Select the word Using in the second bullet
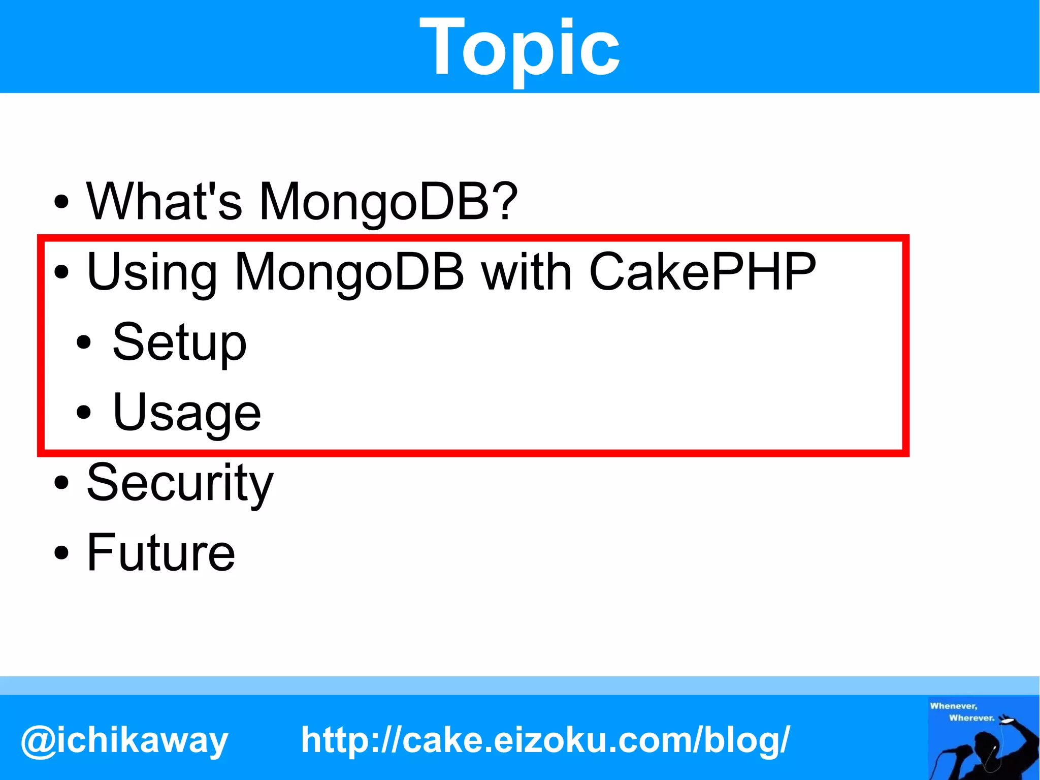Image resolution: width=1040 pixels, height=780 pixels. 152,272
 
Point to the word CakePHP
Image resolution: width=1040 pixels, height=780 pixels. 702,272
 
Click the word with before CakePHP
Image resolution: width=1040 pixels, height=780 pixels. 527,272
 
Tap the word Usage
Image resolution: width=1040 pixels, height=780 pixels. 186,412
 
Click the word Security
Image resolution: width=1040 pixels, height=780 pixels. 180,483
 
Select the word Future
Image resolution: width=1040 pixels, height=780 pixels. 161,552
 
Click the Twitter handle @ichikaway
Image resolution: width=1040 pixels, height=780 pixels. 124,740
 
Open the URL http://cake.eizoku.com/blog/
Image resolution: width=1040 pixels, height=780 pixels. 545,740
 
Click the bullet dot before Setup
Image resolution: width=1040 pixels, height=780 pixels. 84,342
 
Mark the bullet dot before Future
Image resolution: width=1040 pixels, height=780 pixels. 61,553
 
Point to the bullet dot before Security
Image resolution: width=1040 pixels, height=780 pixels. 61,483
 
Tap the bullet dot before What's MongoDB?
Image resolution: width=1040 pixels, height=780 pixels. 61,202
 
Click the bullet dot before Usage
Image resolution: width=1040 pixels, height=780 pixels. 84,412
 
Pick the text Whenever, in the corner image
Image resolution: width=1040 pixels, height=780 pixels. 953,706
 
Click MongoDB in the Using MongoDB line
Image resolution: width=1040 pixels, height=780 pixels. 349,272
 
